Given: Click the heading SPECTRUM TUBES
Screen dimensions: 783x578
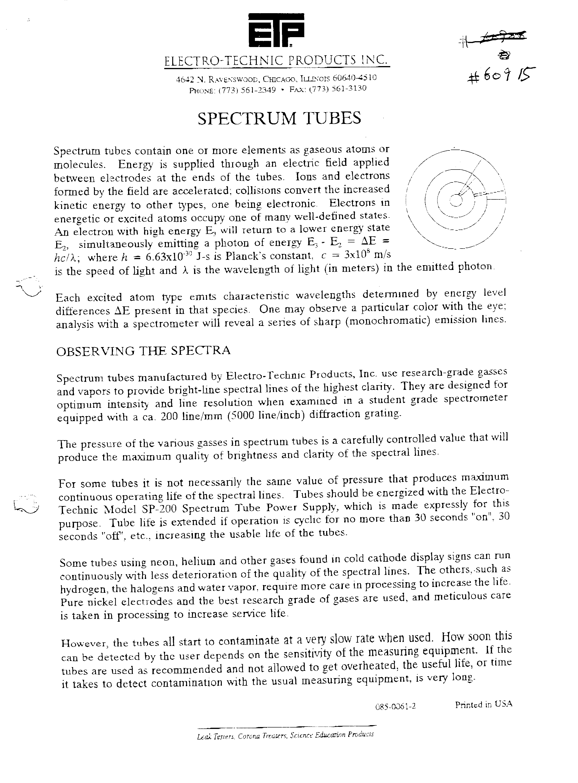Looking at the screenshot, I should pyautogui.click(x=279, y=118).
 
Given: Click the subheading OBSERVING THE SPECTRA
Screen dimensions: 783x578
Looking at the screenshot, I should pyautogui.click(x=144, y=351).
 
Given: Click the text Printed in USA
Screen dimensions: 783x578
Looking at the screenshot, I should pyautogui.click(x=484, y=704).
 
